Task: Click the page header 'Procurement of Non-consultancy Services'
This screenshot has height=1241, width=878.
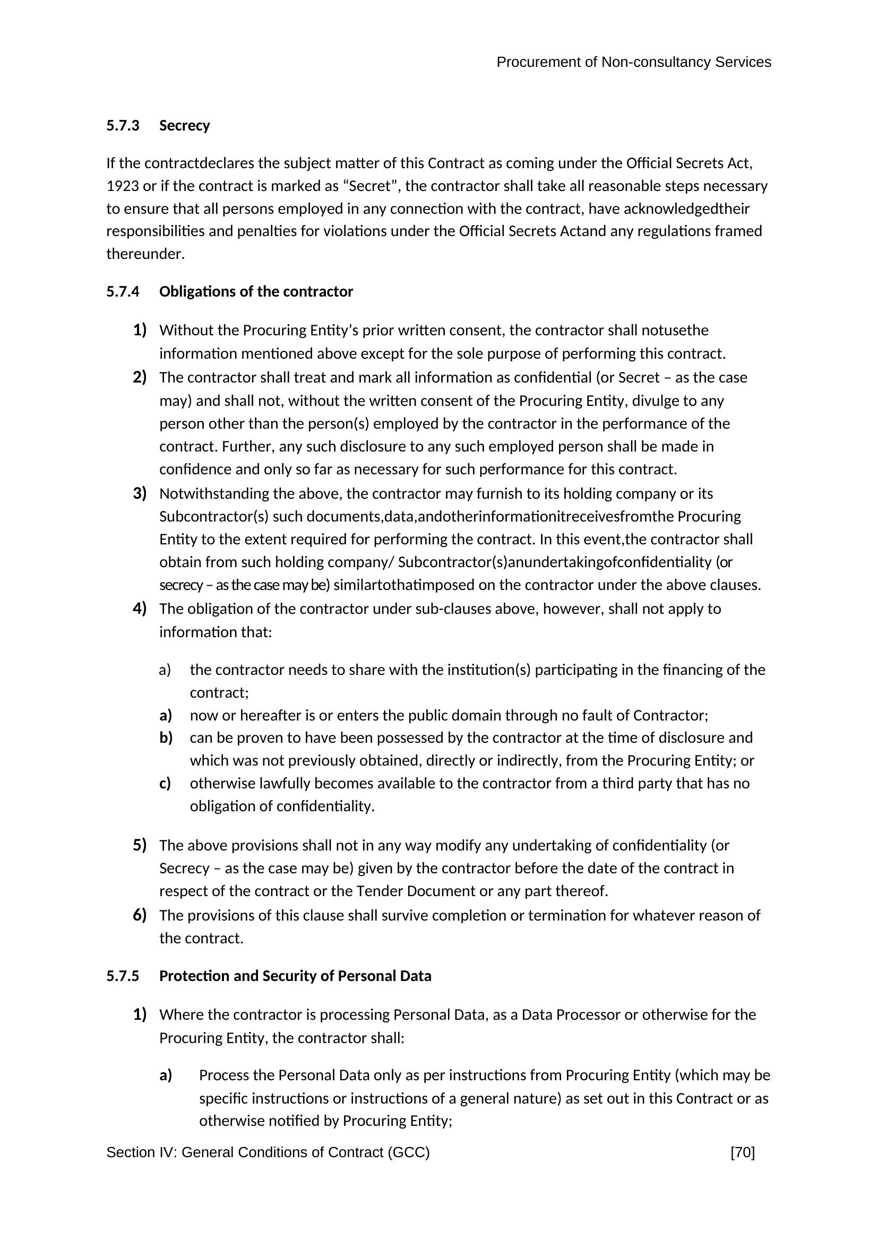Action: coord(633,63)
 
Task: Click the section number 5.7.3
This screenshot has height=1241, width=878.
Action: coord(123,126)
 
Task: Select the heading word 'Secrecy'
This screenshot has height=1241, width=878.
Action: coord(184,126)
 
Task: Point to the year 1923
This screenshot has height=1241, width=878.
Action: coord(122,186)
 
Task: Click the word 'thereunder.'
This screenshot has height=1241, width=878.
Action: coord(145,254)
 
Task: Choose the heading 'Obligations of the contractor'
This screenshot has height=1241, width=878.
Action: coord(256,292)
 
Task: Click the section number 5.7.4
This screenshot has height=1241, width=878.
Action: coord(123,292)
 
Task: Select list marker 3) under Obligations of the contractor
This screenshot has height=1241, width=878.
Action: coord(140,493)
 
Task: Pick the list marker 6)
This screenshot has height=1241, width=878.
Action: coord(140,915)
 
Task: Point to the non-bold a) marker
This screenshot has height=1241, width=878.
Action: coord(165,670)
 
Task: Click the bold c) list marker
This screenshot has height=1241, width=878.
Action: coord(166,783)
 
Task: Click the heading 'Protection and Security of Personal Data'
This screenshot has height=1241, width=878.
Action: coord(295,976)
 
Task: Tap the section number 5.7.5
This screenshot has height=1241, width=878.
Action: coord(123,976)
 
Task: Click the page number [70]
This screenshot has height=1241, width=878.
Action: coord(742,1153)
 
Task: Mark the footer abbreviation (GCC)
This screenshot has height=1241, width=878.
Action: coord(408,1153)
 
